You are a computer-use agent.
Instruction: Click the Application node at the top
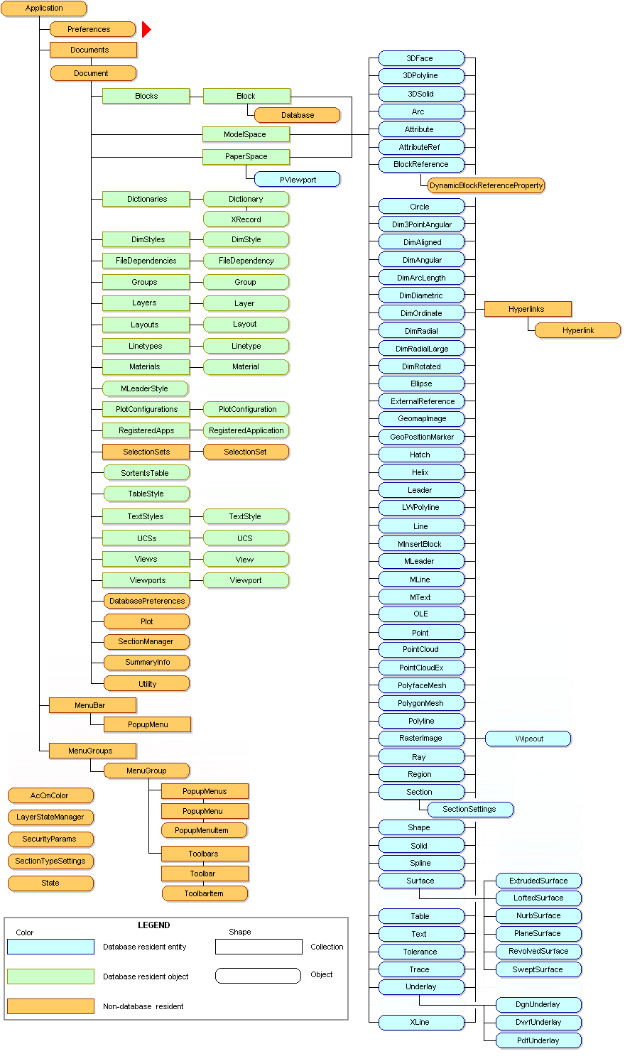44,9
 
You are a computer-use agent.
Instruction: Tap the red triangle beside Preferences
146,29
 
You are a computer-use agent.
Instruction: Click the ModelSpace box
245,134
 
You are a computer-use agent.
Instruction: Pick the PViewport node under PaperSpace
298,180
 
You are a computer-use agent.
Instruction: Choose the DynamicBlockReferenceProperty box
486,185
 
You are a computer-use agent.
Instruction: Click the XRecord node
246,219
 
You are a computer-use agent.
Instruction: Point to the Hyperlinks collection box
527,309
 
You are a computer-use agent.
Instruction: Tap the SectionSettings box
469,809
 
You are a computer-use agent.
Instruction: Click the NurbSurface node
538,915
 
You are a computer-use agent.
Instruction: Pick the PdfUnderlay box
538,1040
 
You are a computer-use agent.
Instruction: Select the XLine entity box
420,1022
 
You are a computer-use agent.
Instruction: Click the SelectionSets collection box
146,452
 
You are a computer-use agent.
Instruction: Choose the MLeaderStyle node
145,388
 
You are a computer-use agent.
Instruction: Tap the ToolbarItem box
205,893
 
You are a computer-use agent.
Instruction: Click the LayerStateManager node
50,817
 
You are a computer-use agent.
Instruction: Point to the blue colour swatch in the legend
50,947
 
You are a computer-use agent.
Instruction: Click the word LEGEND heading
154,925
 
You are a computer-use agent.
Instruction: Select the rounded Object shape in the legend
258,975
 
